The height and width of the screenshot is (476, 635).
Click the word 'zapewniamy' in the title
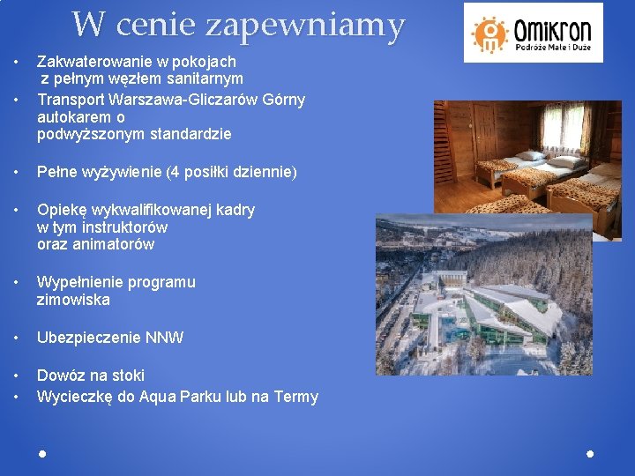pos(304,26)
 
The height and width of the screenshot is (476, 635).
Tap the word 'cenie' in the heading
pos(157,25)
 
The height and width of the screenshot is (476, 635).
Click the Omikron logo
pos(534,33)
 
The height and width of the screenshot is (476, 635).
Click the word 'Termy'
pos(296,397)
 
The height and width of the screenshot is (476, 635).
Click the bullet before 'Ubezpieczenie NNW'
pos(17,338)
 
